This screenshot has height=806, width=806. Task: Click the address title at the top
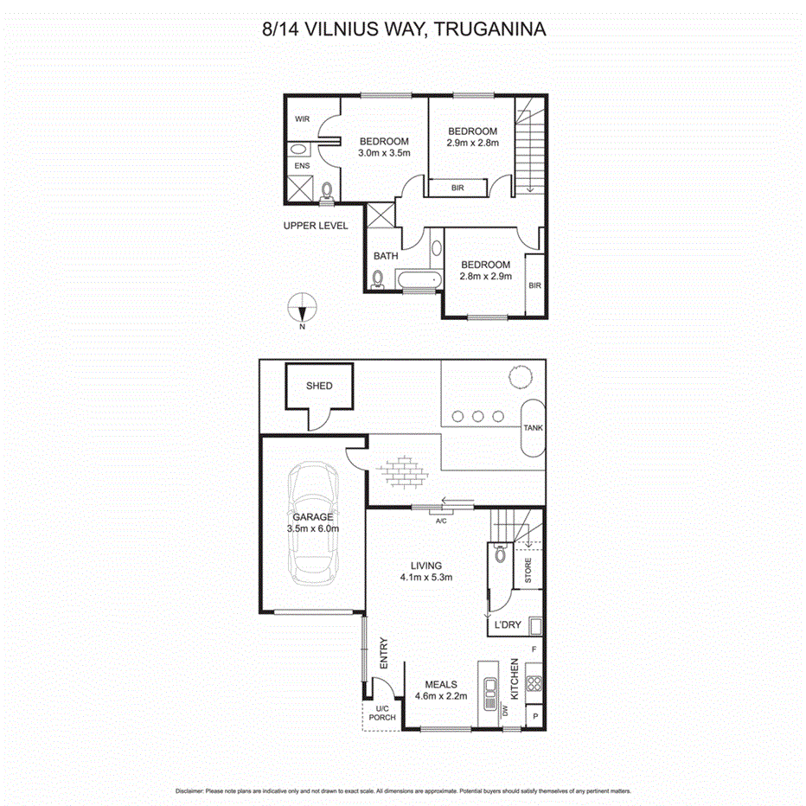coord(403,29)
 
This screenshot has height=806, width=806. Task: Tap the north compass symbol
coord(302,309)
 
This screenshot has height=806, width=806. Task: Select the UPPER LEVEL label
coord(316,226)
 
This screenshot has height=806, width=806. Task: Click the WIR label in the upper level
coord(302,119)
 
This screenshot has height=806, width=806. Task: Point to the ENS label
coord(301,166)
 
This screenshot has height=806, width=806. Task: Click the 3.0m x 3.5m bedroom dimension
coord(384,153)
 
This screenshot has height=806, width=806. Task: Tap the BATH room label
coord(386,256)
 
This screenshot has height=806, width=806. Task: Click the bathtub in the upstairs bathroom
coord(419,279)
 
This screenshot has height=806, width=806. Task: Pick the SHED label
coord(318,387)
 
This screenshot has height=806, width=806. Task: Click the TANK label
coord(532,428)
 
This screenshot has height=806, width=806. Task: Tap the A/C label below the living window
coord(441,521)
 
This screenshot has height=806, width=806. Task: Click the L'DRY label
coord(508,625)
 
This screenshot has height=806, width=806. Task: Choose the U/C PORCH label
coord(381,712)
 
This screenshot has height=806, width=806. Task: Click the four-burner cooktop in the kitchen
coord(533,683)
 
